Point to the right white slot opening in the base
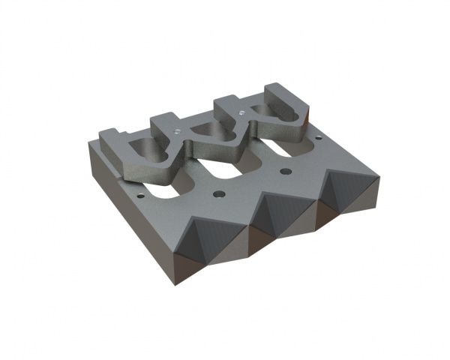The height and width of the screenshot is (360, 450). click(x=279, y=150)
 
